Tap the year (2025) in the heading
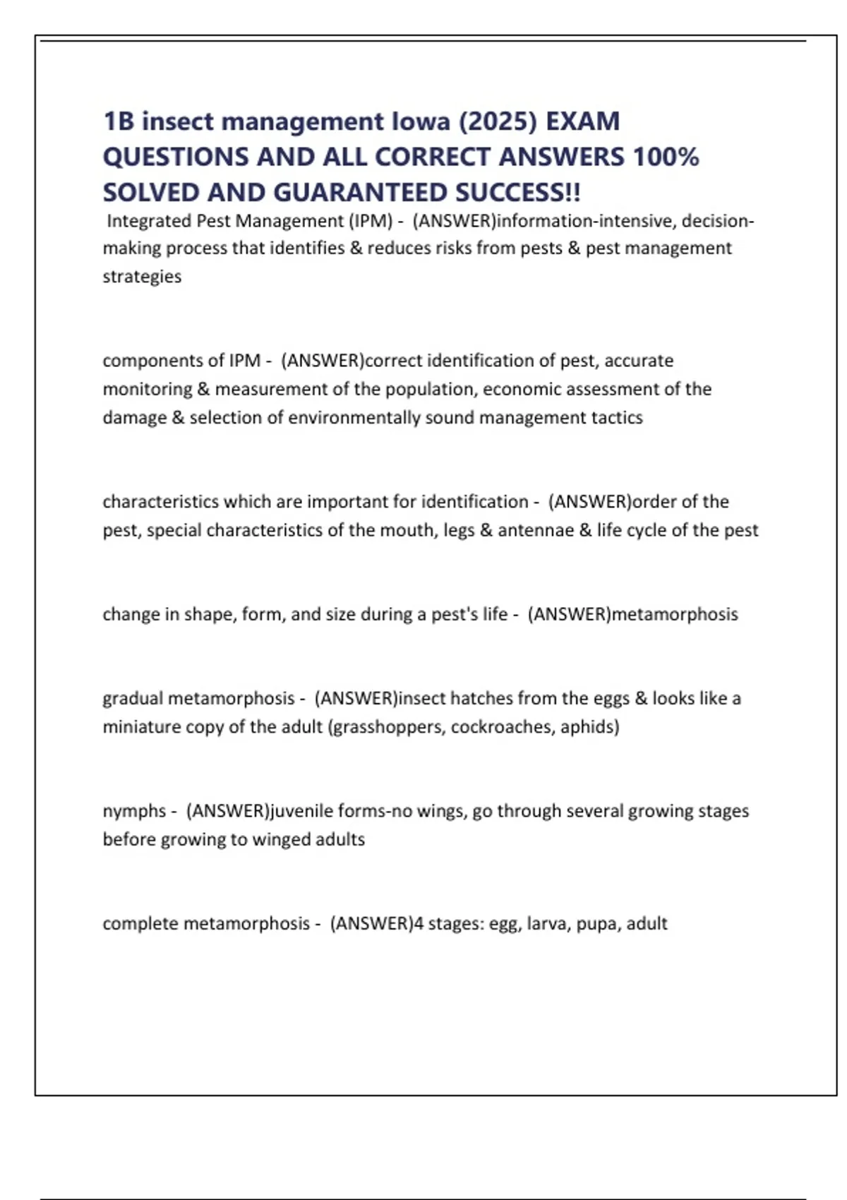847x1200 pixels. coord(498,121)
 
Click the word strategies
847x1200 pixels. coord(142,276)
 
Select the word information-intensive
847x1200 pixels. coord(587,221)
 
